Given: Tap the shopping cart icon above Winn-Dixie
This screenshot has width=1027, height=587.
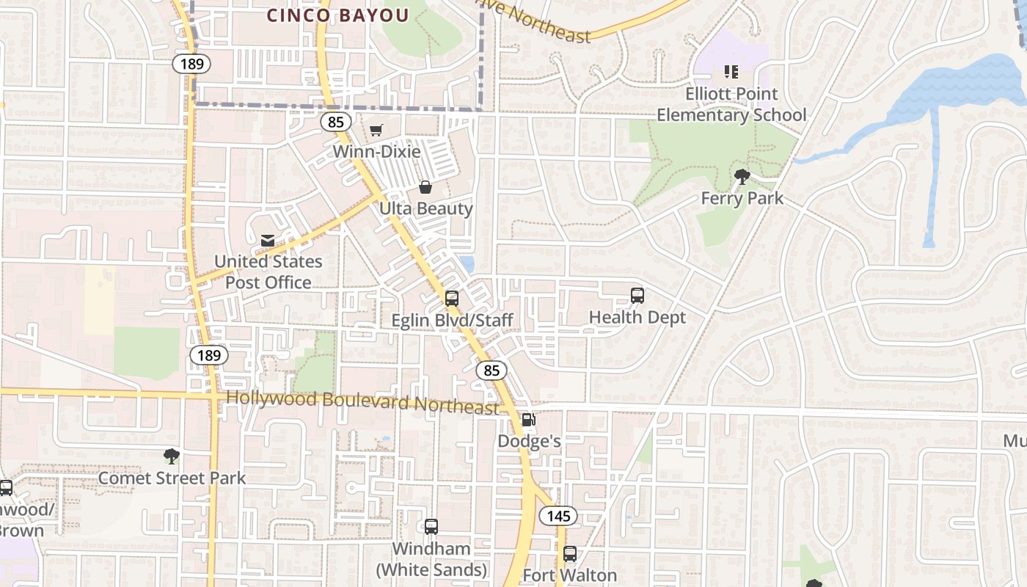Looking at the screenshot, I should (x=376, y=131).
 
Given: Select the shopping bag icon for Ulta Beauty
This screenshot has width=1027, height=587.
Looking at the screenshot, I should (x=425, y=187).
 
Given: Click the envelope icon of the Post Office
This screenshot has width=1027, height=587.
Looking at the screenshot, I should (x=268, y=240).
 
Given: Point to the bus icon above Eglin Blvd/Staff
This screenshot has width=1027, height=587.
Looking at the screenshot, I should (x=452, y=299).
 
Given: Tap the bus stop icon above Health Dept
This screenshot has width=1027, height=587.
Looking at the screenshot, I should (x=637, y=296).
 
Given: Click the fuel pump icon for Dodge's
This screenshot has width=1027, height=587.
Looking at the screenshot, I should (x=528, y=420).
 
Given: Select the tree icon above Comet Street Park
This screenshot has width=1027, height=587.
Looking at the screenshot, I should (x=172, y=456).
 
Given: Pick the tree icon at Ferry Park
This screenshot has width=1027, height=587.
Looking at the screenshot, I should (x=742, y=176).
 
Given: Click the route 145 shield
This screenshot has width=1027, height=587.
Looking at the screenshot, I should (x=558, y=516).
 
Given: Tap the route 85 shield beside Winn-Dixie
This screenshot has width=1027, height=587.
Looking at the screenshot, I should (x=335, y=122).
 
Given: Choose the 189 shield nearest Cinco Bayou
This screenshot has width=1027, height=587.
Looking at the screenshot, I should (x=191, y=64).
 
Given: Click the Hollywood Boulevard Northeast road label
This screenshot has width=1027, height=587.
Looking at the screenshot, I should (x=362, y=402).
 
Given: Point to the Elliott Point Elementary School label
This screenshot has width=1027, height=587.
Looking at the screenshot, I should (x=731, y=105).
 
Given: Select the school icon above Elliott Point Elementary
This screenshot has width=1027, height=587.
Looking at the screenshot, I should (x=731, y=72).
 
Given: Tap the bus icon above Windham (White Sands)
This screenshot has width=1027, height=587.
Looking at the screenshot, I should (x=431, y=527).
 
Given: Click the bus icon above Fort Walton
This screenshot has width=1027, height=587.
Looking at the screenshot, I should (x=570, y=554).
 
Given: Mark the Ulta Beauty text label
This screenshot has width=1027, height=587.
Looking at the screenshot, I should (x=426, y=208).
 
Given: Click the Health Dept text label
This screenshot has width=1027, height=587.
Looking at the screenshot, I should (x=637, y=317).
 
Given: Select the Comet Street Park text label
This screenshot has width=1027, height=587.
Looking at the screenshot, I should (x=172, y=478).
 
